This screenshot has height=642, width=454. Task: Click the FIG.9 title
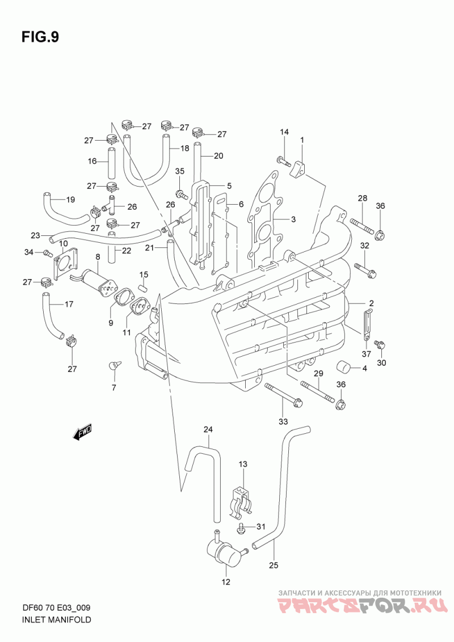tap(40, 37)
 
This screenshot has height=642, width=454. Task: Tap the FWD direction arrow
tap(82, 432)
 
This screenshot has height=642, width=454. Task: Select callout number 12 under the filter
tap(226, 582)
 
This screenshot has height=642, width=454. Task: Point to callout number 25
tap(274, 565)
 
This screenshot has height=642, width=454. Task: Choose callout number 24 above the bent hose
tap(209, 429)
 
